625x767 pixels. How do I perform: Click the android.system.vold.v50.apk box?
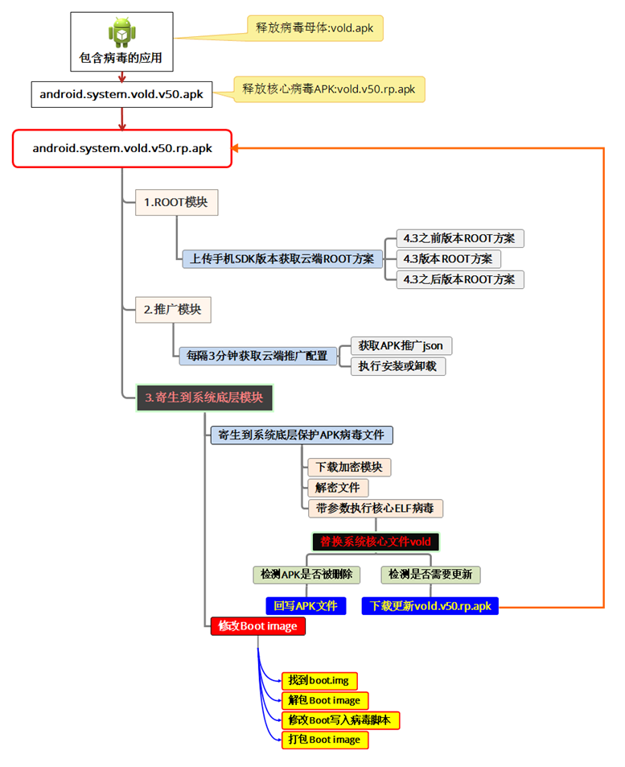pyautogui.click(x=121, y=94)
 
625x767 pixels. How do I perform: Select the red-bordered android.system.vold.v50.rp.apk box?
pyautogui.click(x=122, y=148)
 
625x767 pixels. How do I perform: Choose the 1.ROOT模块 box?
pyautogui.click(x=175, y=202)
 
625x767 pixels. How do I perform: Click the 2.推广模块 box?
pyautogui.click(x=172, y=308)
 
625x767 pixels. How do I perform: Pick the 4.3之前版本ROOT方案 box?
pyautogui.click(x=460, y=238)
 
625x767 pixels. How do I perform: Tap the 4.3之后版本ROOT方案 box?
pyautogui.click(x=460, y=279)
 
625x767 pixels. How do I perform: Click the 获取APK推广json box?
pyautogui.click(x=401, y=345)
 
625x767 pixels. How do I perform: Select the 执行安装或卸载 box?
pyautogui.click(x=398, y=366)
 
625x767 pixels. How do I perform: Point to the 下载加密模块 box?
pyautogui.click(x=349, y=468)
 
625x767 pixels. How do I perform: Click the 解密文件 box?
pyautogui.click(x=338, y=488)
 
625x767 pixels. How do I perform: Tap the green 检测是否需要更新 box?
pyautogui.click(x=430, y=575)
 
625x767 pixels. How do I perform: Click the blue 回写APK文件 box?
pyautogui.click(x=305, y=606)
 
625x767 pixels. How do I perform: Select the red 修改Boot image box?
pyautogui.click(x=257, y=626)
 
